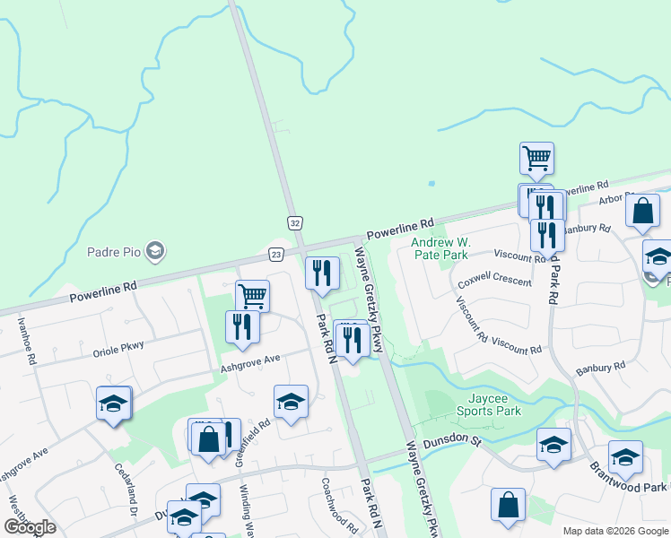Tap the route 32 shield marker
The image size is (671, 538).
294,221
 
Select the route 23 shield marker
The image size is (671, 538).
275,255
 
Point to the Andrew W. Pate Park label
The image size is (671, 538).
440,248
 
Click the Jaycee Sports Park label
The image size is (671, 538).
493,404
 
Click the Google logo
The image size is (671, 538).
30,527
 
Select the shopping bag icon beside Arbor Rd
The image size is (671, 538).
643,213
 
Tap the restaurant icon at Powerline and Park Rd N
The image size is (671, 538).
322,273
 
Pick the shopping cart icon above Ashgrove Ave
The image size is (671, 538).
253,295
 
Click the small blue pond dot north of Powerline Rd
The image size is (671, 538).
431,184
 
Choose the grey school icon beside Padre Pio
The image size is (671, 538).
155,250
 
